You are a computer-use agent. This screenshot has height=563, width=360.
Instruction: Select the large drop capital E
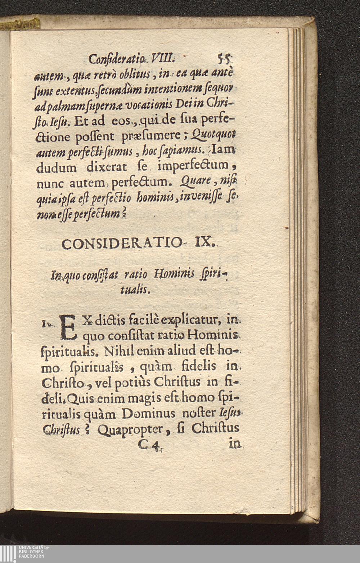tap(69, 327)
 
